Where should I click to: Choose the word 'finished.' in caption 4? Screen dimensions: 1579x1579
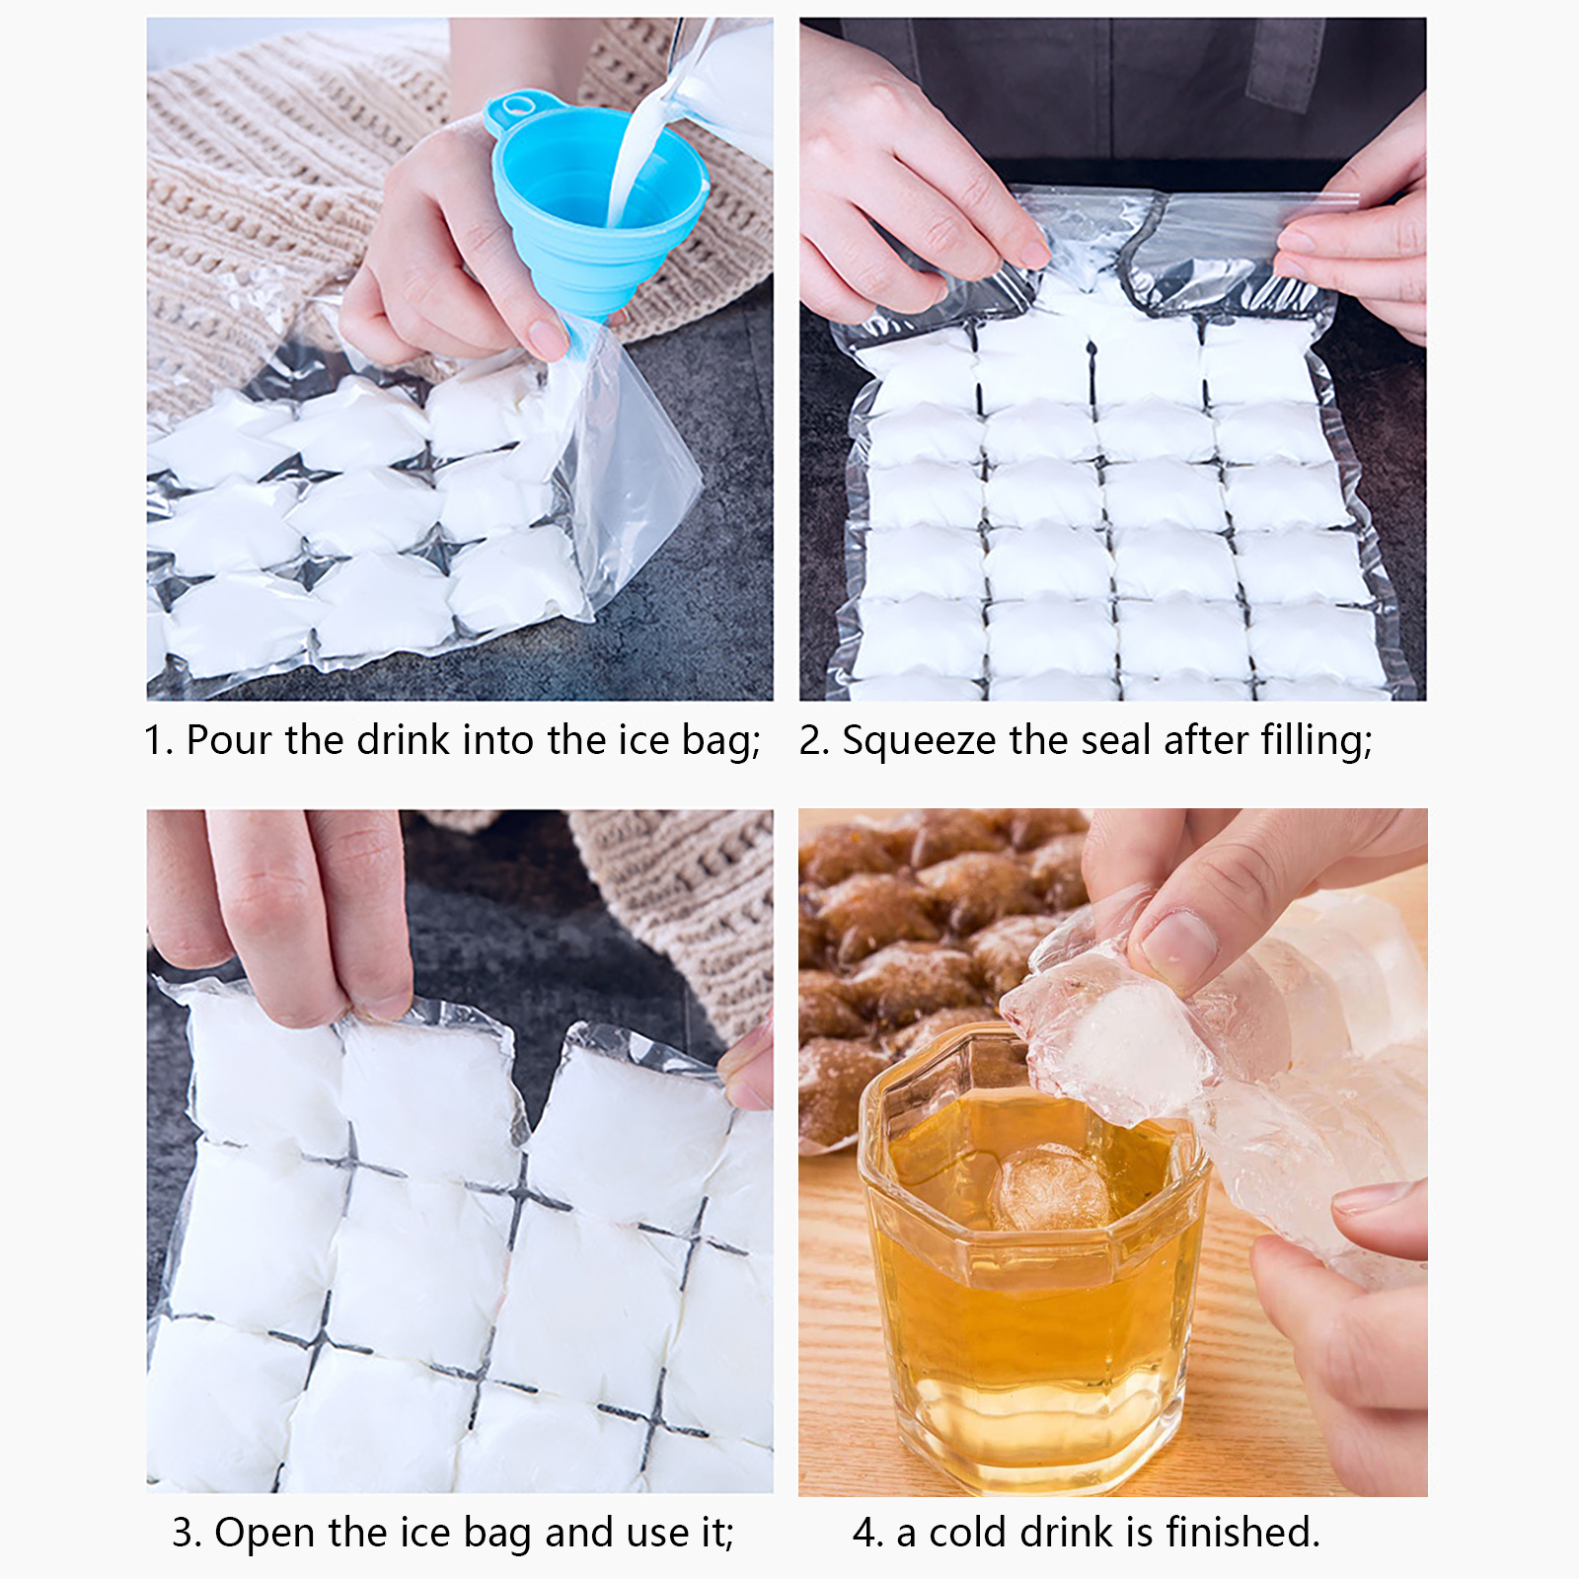[x=1242, y=1533]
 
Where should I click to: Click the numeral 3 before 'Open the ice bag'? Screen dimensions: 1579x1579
[x=185, y=1534]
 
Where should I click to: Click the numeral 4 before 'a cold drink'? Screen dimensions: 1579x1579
[x=866, y=1534]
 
